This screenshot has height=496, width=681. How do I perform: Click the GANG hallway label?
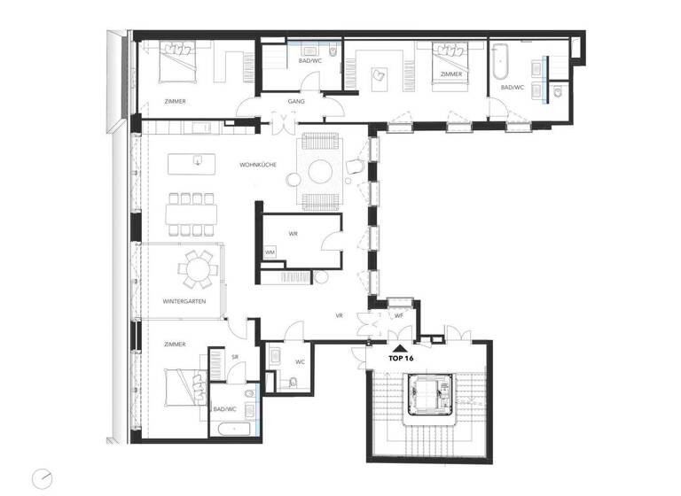296,102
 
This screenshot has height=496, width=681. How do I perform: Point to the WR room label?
293,235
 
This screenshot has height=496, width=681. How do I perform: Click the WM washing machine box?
270,253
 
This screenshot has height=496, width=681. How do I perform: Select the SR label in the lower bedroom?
235,357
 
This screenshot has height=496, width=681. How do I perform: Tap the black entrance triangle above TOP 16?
402,349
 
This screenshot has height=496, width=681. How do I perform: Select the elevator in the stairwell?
430,394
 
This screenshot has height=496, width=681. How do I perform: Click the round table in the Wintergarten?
196,268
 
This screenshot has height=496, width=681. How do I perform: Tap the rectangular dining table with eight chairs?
196,213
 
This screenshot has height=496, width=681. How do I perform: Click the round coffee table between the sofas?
319,169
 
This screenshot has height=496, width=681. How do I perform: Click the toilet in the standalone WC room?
294,383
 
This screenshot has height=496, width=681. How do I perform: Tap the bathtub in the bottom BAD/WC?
228,430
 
